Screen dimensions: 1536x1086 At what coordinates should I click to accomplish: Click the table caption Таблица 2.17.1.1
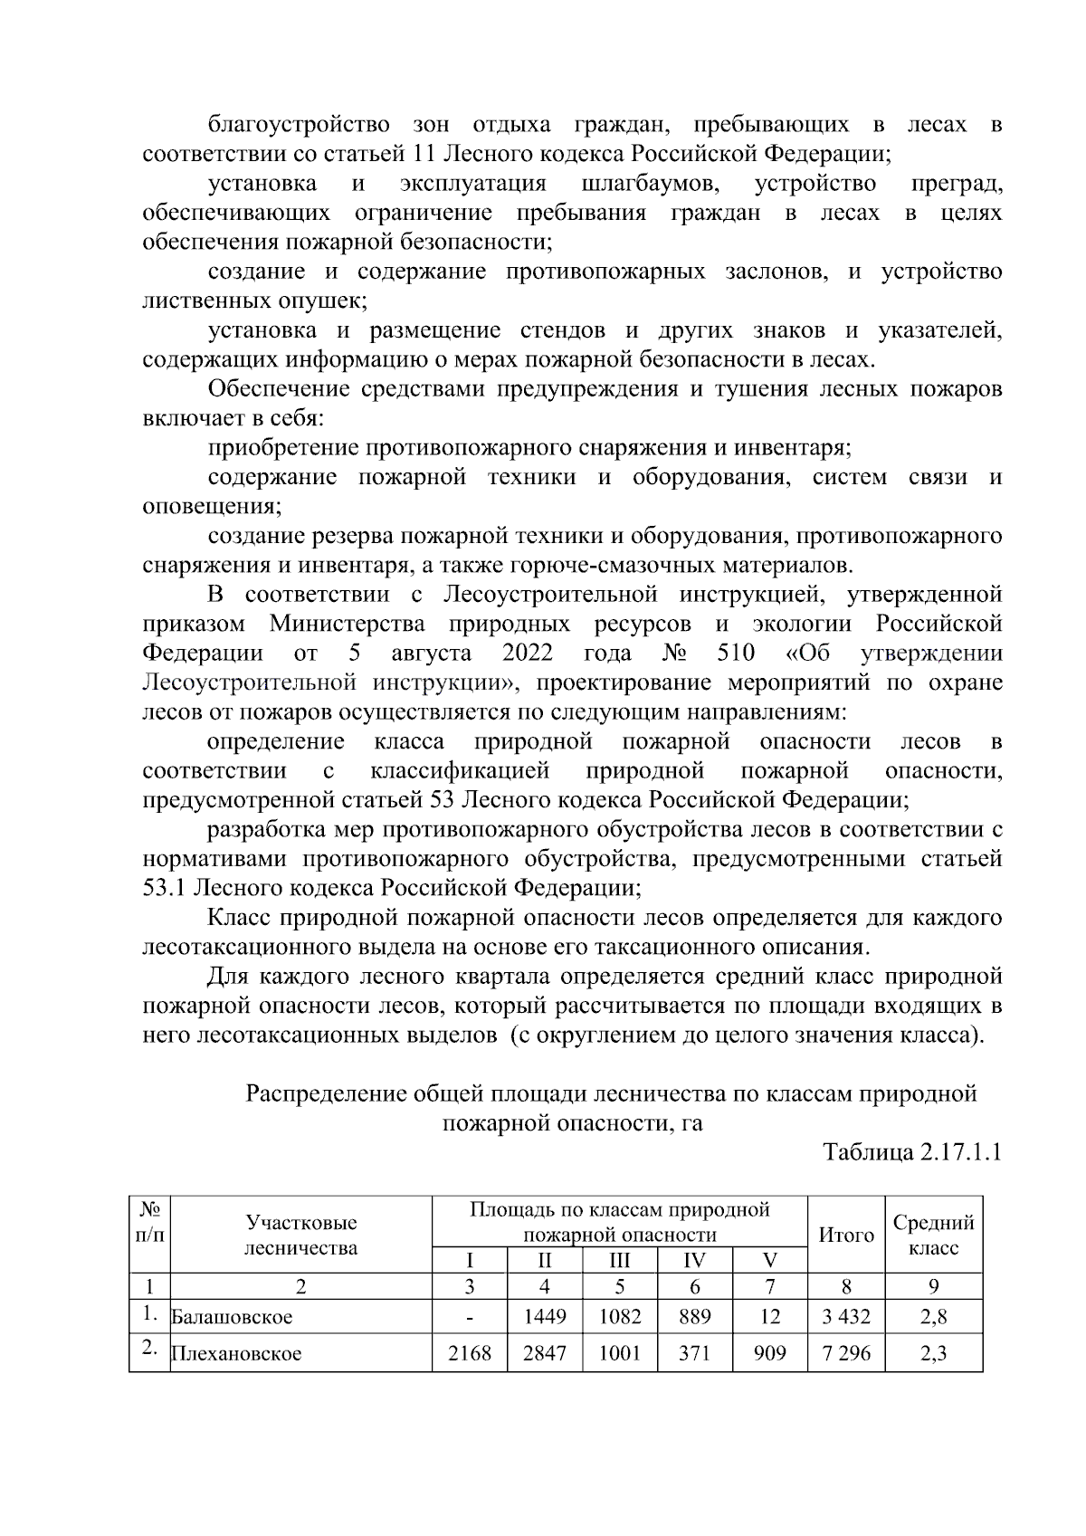pos(912,1153)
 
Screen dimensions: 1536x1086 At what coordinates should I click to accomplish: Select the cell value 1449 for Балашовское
pos(545,1316)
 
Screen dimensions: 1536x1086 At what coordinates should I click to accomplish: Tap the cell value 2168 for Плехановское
pos(470,1353)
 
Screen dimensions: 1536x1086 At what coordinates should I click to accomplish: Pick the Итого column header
pos(845,1235)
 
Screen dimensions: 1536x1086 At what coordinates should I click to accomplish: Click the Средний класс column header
pos(933,1235)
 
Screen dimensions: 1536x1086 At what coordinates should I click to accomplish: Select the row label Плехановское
pos(236,1354)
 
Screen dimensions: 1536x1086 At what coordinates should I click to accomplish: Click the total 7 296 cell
pos(845,1353)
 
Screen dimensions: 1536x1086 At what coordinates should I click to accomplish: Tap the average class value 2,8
pos(933,1316)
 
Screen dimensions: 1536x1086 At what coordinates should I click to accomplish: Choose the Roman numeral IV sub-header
pos(694,1261)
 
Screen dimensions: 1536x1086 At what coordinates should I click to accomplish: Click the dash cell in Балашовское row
pos(470,1317)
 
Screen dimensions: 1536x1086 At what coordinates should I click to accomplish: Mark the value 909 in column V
pos(769,1353)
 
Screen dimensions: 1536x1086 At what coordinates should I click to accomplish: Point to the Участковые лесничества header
pos(301,1235)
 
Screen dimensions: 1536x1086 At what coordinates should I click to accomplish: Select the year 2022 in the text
pos(528,654)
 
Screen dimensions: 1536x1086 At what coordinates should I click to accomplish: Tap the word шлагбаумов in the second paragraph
pos(650,184)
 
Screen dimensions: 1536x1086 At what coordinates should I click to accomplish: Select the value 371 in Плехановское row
pos(694,1353)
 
